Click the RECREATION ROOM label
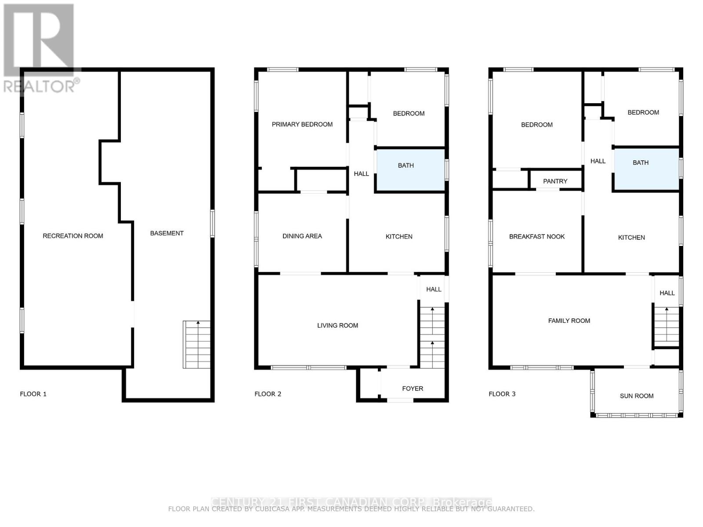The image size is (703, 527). pos(73,236)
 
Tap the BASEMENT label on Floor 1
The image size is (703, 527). pos(167,233)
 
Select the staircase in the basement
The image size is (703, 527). pos(197,345)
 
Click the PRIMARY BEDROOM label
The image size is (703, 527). pos(302,124)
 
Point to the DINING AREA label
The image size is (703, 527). pos(302,236)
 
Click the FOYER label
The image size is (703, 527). pos(413,389)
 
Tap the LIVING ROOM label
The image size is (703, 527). pos(337,325)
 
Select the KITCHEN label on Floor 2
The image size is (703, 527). pos(399,237)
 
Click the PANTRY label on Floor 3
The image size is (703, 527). pos(555,181)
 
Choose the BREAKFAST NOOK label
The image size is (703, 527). pos(536,237)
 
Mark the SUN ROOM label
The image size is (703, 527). pos(636,396)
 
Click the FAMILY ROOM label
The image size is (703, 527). pos(569,321)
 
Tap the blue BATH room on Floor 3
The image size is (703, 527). pos(646,169)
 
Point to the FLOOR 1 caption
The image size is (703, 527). pos(33,394)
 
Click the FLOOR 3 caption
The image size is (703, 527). pos(502,394)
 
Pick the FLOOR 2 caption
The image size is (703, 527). pos(268,394)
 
